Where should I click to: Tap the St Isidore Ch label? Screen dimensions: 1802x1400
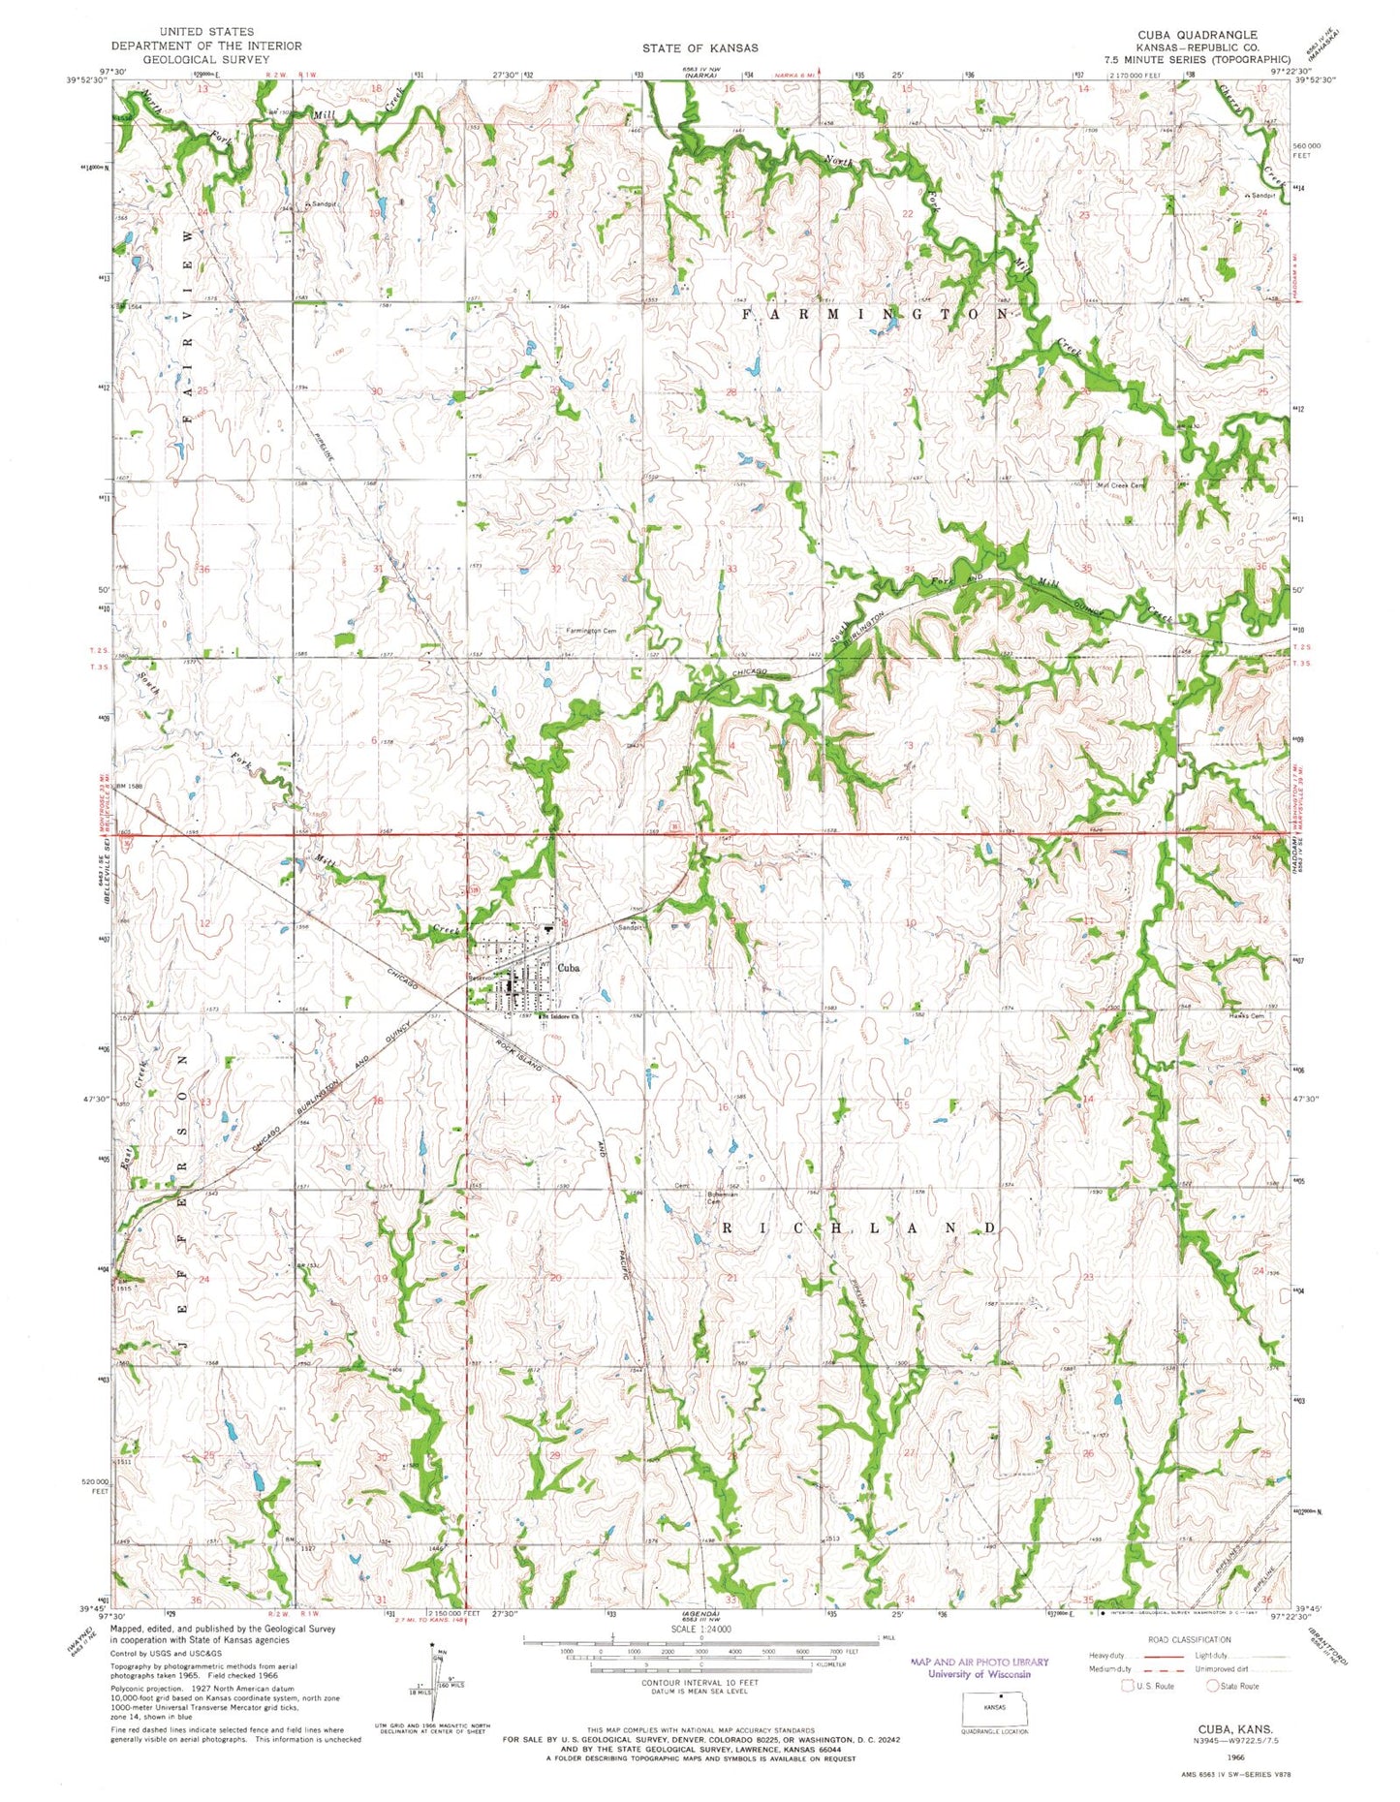pos(559,1016)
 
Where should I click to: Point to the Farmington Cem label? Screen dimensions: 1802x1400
pos(590,631)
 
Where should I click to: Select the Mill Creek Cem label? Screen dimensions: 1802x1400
pos(1120,485)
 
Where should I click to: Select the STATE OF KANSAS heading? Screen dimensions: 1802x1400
pos(700,47)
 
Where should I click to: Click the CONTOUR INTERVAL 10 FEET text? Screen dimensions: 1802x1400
pos(700,1683)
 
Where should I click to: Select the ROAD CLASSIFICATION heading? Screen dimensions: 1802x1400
pos(1190,1639)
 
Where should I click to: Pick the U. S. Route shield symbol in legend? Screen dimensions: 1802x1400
pos(1127,1686)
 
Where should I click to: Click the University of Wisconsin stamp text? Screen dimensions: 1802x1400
pos(979,1674)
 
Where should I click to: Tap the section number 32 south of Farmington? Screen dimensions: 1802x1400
pos(556,569)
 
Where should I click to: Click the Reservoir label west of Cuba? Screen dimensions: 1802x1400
pos(482,978)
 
